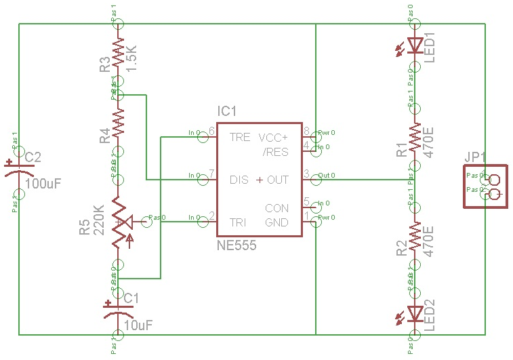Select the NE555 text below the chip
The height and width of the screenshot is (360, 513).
pyautogui.click(x=237, y=246)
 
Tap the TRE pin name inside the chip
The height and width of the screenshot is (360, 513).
pyautogui.click(x=240, y=137)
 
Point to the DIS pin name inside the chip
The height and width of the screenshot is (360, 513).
pyautogui.click(x=239, y=180)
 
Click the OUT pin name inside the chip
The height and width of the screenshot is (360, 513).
pyautogui.click(x=278, y=180)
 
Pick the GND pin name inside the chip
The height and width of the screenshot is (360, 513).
pyautogui.click(x=276, y=222)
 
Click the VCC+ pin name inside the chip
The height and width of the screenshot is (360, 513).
pyautogui.click(x=273, y=137)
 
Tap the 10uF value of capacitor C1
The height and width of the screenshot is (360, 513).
pyautogui.click(x=139, y=325)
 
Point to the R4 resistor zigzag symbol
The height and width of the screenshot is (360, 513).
pyautogui.click(x=118, y=123)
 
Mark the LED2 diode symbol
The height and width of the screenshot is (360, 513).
pyautogui.click(x=413, y=313)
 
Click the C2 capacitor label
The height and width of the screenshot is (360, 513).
pyautogui.click(x=33, y=158)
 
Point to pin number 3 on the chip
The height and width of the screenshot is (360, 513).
pyautogui.click(x=306, y=174)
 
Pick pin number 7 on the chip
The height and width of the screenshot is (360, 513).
pyautogui.click(x=212, y=174)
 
